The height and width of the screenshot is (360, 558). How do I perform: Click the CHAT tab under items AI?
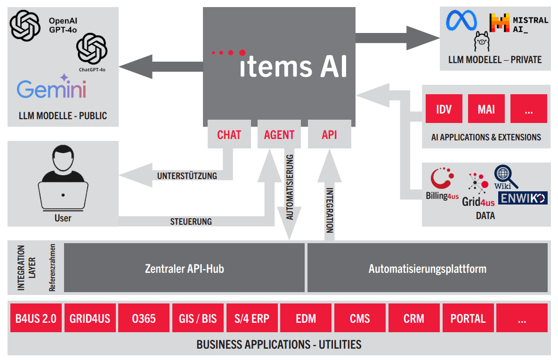click(x=229, y=135)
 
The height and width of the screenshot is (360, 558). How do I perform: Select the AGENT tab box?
click(x=279, y=135)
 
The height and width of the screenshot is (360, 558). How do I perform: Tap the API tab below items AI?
click(x=330, y=135)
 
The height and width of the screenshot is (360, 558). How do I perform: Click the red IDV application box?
click(x=444, y=109)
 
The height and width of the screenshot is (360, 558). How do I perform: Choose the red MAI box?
click(x=486, y=109)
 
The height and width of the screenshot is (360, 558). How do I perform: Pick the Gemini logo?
click(x=52, y=88)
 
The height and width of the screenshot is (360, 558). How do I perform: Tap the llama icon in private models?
click(x=483, y=42)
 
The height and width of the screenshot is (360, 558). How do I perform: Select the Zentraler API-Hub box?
click(x=184, y=269)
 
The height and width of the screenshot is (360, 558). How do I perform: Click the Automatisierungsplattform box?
click(x=427, y=269)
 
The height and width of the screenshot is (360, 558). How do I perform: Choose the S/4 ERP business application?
click(x=251, y=319)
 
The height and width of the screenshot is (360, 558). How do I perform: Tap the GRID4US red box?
click(x=89, y=319)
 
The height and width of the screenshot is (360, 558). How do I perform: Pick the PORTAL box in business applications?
click(x=468, y=319)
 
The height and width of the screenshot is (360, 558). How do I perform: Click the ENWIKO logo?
click(x=523, y=198)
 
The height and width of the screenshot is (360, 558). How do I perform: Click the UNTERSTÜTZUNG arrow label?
click(x=187, y=176)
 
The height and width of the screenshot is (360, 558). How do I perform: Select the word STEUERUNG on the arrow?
click(x=191, y=221)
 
